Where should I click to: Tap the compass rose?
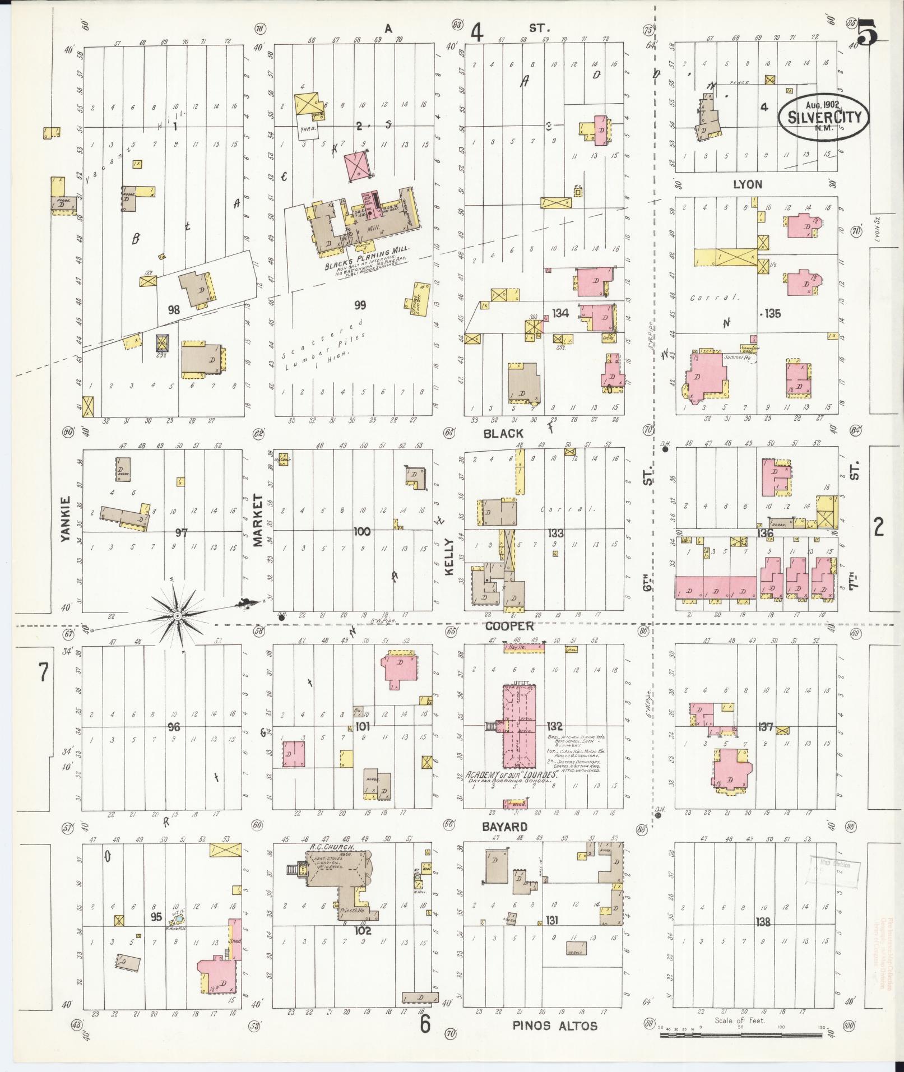coord(178,616)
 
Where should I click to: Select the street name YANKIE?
coord(66,518)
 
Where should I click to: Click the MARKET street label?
coord(258,519)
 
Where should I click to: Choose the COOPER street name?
coord(509,626)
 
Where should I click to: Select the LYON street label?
coord(748,184)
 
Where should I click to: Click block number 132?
coord(555,726)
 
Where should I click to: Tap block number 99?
coord(360,305)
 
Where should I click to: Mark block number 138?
coord(763,921)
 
